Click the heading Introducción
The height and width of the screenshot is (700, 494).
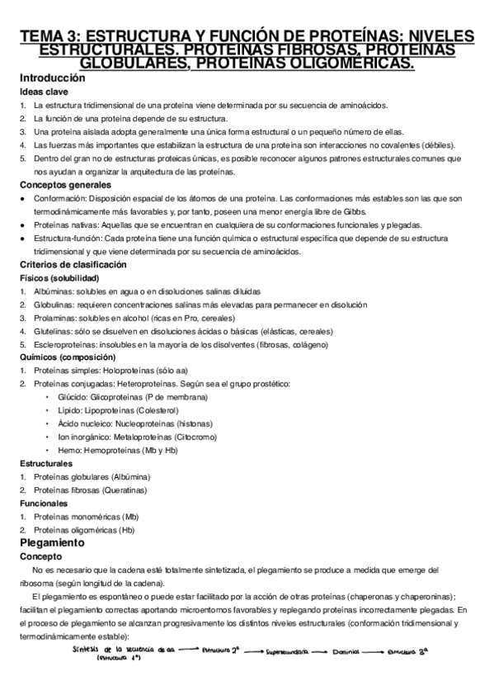[x=53, y=78]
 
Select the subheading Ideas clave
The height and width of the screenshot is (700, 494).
[x=41, y=91]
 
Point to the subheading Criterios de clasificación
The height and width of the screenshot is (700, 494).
[x=73, y=265]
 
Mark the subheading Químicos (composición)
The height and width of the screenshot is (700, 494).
[x=68, y=357]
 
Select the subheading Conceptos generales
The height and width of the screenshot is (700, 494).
[x=64, y=186]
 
